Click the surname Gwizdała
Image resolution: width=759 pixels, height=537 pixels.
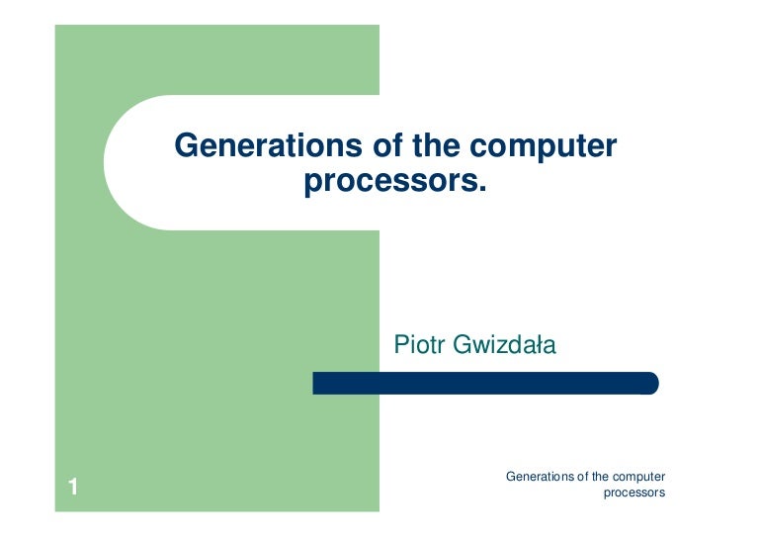(x=504, y=346)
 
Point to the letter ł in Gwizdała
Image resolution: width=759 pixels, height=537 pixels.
(x=541, y=345)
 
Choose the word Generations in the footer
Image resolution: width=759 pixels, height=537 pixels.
(x=540, y=477)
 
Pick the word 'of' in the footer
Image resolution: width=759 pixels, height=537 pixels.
(x=582, y=477)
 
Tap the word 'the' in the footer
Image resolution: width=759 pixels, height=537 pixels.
(x=601, y=477)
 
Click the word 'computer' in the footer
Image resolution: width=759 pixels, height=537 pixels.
(x=639, y=478)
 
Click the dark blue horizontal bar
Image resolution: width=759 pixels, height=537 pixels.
(x=484, y=383)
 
